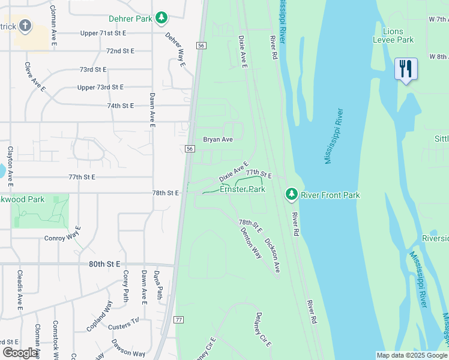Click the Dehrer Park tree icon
click(x=161, y=19)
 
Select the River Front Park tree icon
click(x=291, y=194)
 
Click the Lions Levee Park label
click(x=399, y=35)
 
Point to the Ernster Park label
click(x=243, y=189)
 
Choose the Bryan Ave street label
click(x=218, y=139)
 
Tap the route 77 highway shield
click(x=179, y=320)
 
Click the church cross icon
click(x=25, y=25)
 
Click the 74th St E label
click(x=120, y=106)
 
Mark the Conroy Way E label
click(x=63, y=237)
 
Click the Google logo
click(x=20, y=353)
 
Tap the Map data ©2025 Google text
click(x=411, y=355)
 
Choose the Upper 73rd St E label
click(x=100, y=87)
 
